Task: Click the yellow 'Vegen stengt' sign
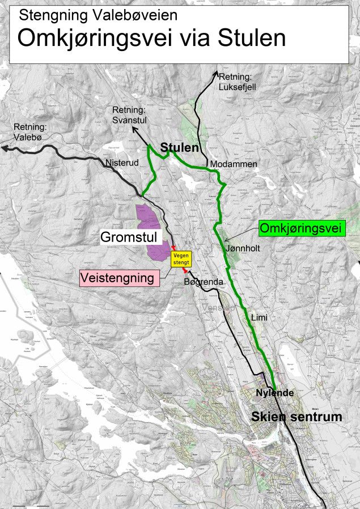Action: (x=182, y=259)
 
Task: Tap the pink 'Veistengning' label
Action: (x=117, y=278)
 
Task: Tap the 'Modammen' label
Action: (x=234, y=164)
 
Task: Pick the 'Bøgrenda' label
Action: (x=200, y=282)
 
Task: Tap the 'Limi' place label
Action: (x=259, y=318)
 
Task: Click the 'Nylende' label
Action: (x=274, y=393)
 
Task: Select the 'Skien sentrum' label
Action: (x=297, y=417)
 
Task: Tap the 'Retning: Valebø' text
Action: (x=28, y=132)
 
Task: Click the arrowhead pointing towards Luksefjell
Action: (x=217, y=73)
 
